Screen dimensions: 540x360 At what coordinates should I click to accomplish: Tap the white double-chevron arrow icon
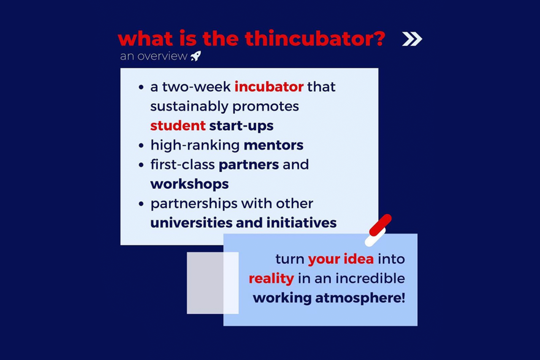coord(412,39)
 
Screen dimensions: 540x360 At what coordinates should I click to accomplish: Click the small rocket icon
coord(196,56)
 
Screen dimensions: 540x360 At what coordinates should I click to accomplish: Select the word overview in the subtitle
coord(162,56)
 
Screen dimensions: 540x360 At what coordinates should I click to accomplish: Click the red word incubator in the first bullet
coord(269,87)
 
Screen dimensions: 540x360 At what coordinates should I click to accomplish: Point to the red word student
coord(178,126)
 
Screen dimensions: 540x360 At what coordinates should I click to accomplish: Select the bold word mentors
coord(274,145)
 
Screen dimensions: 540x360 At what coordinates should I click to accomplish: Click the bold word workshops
coord(189,184)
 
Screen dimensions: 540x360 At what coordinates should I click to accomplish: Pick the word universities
coord(191,223)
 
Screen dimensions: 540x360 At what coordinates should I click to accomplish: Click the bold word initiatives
coord(302,223)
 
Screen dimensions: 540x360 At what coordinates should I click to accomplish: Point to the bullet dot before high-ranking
coord(141,145)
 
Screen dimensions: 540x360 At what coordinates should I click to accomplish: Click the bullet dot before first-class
coord(141,165)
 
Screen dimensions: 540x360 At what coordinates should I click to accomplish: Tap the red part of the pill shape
coord(381,225)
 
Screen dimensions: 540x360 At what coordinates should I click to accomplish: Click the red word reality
coord(271,279)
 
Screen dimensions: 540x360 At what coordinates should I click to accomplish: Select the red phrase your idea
coord(341,259)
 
